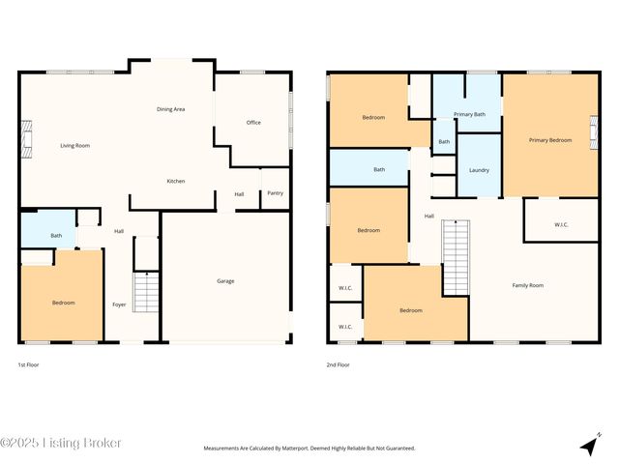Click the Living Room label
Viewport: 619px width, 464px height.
coord(74,145)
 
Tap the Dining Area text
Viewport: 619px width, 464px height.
coord(170,109)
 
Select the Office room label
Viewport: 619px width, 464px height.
coord(253,123)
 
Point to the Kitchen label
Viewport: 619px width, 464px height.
coord(176,181)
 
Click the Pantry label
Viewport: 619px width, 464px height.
coord(275,193)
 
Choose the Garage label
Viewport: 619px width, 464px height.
coord(225,281)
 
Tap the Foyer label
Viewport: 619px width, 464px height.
coord(119,304)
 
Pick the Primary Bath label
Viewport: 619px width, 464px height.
coord(469,114)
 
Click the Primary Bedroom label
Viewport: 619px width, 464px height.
coord(549,140)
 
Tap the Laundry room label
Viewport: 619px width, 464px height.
coord(478,170)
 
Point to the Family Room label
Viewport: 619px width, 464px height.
coord(527,285)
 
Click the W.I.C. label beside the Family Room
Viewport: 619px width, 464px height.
coord(561,225)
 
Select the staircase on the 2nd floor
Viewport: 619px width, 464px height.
coord(456,256)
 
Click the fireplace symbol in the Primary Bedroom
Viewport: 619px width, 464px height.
coord(594,129)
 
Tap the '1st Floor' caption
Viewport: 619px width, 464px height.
coord(30,365)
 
